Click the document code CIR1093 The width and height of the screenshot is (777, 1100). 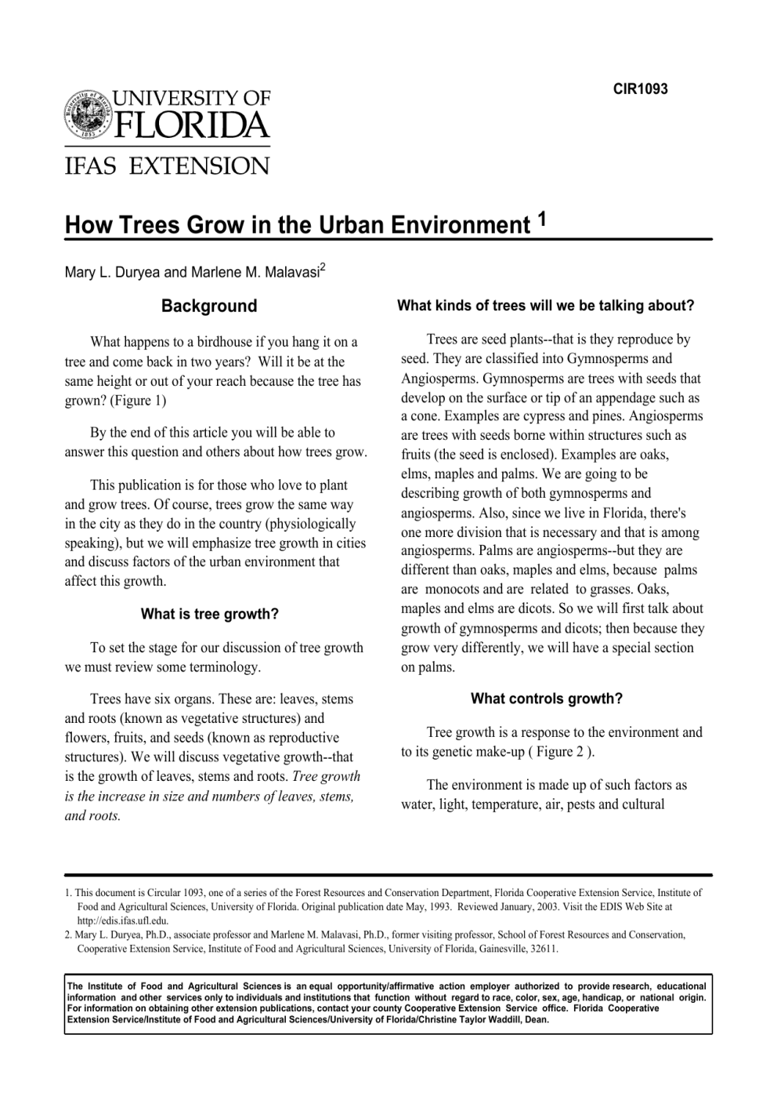click(x=640, y=89)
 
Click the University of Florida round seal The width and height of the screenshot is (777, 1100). click(x=88, y=116)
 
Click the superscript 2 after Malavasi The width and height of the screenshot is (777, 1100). click(x=322, y=267)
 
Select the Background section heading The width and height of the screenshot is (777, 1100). click(x=209, y=306)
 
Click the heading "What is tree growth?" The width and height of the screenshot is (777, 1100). click(x=209, y=614)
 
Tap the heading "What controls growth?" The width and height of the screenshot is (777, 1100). click(x=546, y=699)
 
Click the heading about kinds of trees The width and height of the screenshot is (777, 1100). click(x=546, y=306)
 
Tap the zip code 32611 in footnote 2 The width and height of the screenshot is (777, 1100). click(x=543, y=948)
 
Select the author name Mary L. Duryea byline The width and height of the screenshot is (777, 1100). click(x=113, y=272)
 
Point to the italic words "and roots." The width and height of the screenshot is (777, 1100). click(x=92, y=815)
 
